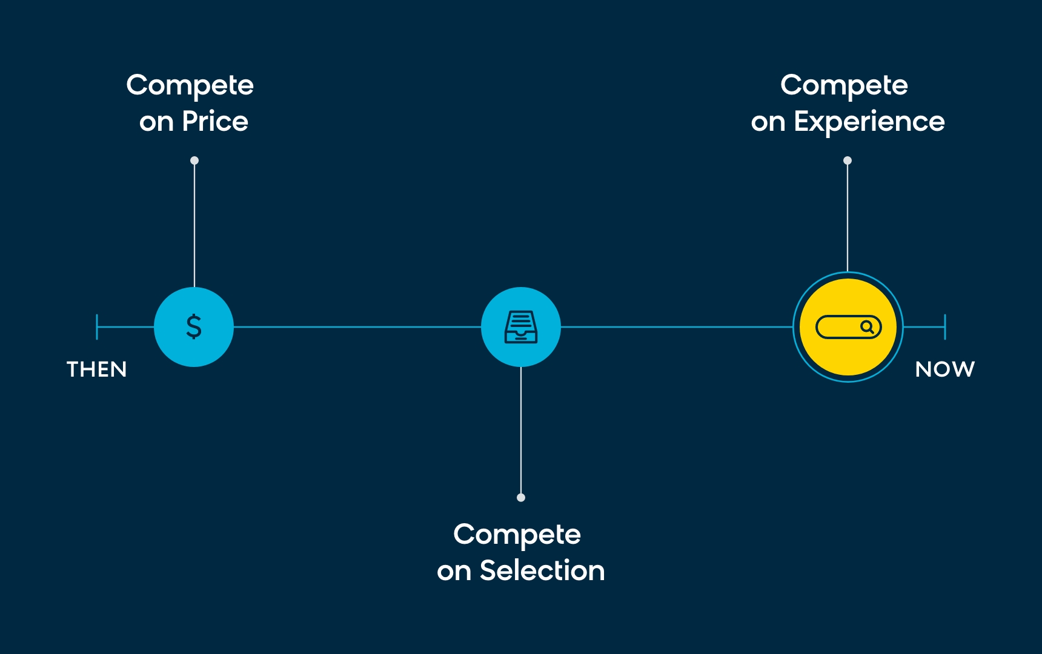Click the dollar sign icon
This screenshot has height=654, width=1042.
coord(194,326)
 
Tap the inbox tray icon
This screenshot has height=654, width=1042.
coord(521,327)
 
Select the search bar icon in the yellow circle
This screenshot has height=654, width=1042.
coord(848,327)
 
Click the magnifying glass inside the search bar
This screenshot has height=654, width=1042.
coord(868,327)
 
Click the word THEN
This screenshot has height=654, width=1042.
coord(97,369)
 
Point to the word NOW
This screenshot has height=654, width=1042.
coord(945,369)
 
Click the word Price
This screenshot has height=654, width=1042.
coord(215,122)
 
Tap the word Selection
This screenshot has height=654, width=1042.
coord(542,571)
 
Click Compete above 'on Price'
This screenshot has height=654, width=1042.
coord(190,86)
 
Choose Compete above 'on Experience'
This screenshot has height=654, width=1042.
coord(845,86)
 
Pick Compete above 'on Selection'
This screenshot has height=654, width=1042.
coord(517,535)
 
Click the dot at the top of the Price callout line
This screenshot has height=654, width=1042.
coord(194,160)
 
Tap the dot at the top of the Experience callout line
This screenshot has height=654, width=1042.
coord(848,160)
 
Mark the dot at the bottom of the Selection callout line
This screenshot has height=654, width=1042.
coord(521,498)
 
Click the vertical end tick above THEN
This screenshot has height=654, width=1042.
coord(97,327)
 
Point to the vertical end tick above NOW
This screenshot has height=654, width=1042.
coord(945,327)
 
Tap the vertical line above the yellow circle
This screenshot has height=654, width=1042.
coord(848,218)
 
